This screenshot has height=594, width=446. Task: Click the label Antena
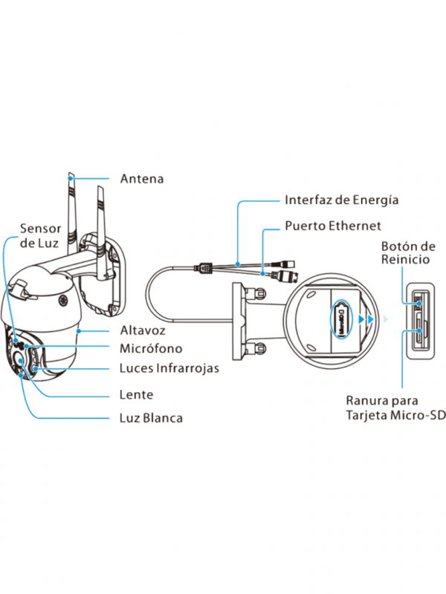[x=141, y=179]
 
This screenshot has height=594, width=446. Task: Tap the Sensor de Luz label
[x=40, y=235]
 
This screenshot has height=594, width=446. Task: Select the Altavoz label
[x=143, y=330]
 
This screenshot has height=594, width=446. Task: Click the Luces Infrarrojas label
[x=169, y=368]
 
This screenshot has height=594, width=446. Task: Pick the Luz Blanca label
[x=151, y=418]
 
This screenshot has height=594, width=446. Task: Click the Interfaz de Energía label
[x=341, y=200]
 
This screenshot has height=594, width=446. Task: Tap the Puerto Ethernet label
[x=333, y=225]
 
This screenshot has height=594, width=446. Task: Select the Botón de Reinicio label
[x=408, y=252]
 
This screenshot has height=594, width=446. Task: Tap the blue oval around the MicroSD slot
[x=340, y=319]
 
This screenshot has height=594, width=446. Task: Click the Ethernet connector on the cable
[x=285, y=277]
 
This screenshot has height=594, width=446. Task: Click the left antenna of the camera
[x=71, y=215]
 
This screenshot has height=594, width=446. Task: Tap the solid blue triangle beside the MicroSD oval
[x=361, y=319]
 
